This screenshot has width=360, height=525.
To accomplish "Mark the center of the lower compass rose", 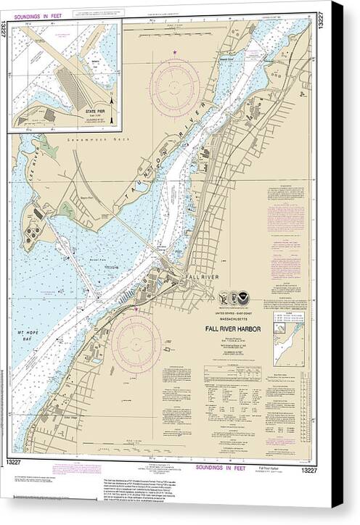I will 137,342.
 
